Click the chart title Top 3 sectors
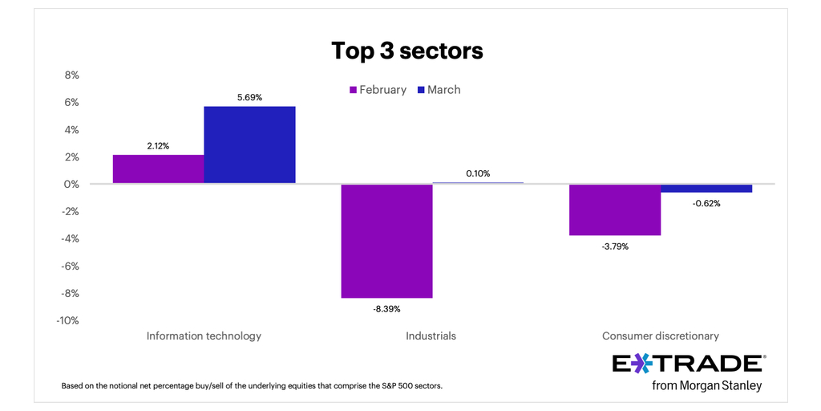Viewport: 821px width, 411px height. (407, 51)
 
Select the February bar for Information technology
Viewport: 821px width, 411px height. (158, 169)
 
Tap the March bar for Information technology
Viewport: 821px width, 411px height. (249, 144)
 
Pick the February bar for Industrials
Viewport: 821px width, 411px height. (386, 241)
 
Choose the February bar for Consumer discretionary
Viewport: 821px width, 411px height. (615, 210)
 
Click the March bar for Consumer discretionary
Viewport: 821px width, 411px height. (706, 189)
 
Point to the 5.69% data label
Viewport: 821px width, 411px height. (249, 97)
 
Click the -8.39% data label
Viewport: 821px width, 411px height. (386, 308)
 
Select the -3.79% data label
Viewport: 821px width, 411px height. (615, 246)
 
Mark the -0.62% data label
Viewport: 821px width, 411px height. (706, 203)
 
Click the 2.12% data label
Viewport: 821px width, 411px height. (158, 145)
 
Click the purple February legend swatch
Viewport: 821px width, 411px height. (351, 90)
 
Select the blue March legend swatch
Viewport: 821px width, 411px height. (419, 90)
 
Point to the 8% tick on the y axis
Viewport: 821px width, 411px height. (71, 75)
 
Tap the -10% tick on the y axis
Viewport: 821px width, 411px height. (68, 321)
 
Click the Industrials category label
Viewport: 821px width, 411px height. (431, 336)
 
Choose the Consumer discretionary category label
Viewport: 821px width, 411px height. (660, 336)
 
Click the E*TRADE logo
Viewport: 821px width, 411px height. (688, 364)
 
